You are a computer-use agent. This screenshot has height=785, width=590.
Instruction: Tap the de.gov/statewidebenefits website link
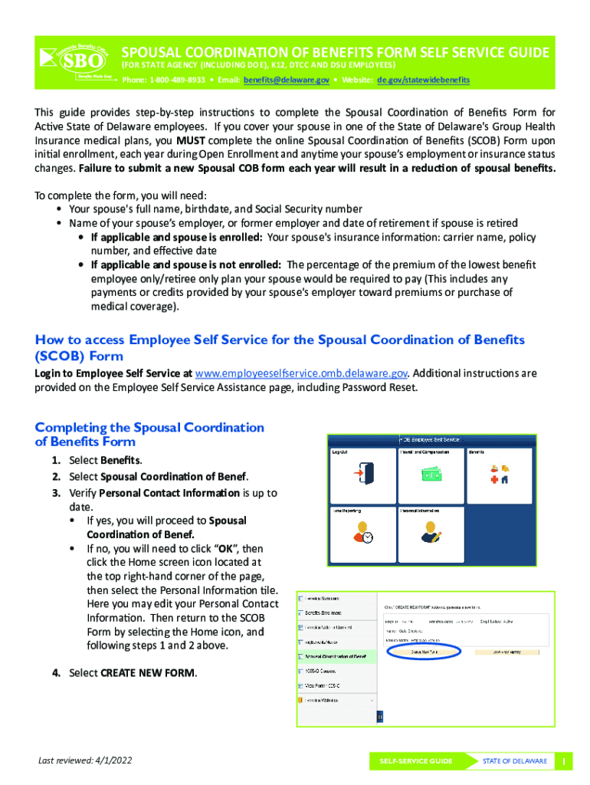pos(423,80)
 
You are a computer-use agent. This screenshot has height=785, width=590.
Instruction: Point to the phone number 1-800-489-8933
pos(178,80)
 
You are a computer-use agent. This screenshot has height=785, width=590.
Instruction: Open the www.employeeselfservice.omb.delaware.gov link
pos(301,373)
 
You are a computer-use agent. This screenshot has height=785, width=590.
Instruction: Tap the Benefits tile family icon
pos(500,475)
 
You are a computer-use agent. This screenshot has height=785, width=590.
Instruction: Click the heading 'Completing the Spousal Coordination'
pos(149,428)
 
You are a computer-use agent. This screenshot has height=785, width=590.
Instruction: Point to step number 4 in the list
pos(56,673)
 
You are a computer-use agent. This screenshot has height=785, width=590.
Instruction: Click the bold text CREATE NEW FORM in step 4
pos(148,673)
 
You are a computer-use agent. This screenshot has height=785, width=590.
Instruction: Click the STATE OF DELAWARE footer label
pos(514,761)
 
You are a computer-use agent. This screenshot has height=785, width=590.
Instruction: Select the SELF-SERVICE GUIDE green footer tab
pos(415,761)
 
